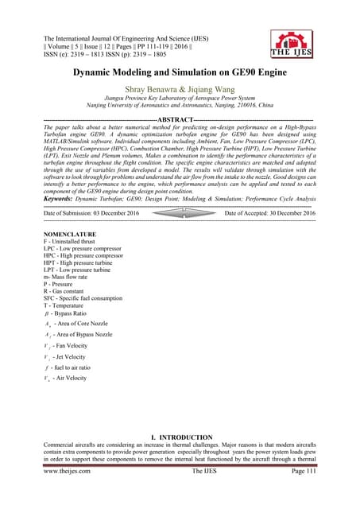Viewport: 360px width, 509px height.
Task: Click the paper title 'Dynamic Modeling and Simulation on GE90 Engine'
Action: [x=180, y=72]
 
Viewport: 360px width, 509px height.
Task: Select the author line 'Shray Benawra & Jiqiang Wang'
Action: [x=180, y=89]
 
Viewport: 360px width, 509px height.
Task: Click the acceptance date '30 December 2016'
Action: [x=292, y=215]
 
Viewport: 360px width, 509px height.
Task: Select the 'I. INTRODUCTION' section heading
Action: [x=180, y=437]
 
